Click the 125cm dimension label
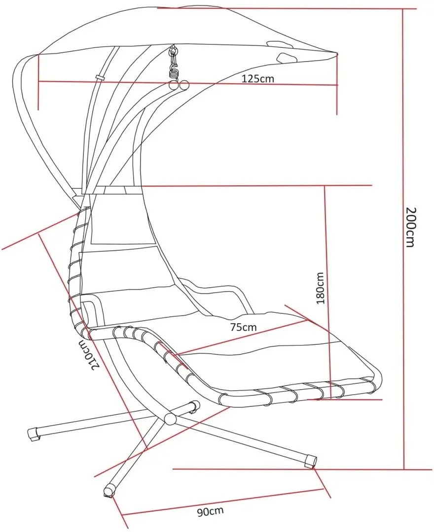click(x=258, y=79)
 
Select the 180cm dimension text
click(x=320, y=288)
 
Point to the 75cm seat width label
click(x=243, y=327)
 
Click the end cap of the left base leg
click(x=34, y=434)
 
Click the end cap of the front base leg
click(x=109, y=491)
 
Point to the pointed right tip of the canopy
click(x=337, y=53)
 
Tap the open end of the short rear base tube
click(x=195, y=406)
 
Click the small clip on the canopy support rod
click(x=100, y=77)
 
